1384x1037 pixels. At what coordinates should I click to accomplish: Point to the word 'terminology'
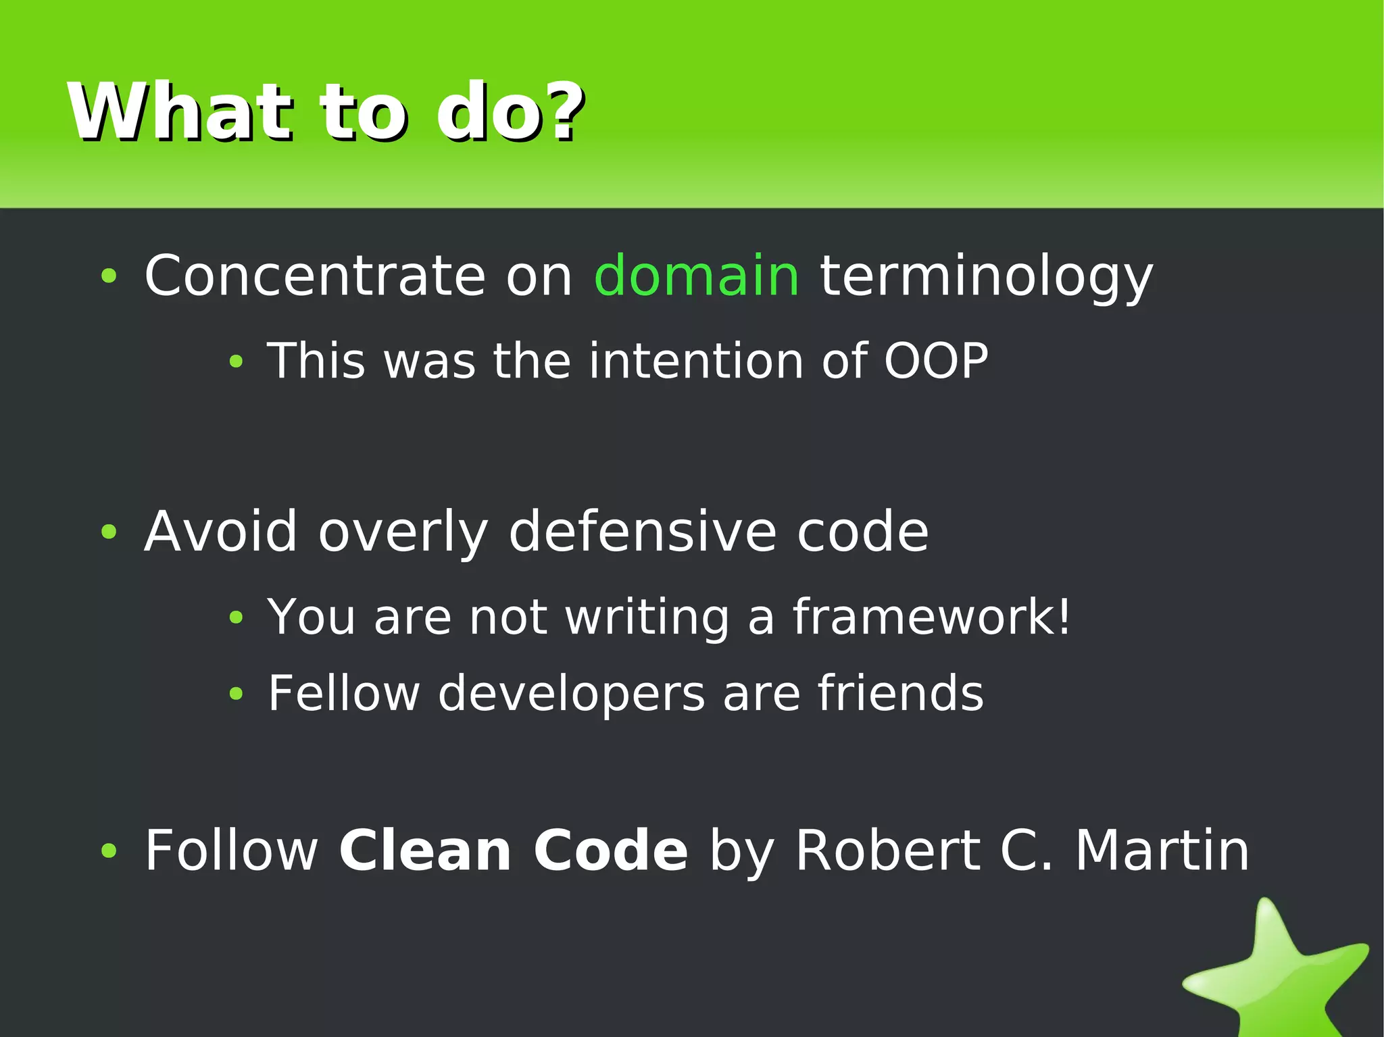986,277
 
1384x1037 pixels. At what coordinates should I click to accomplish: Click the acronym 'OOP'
936,361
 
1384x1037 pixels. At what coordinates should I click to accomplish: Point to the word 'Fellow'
344,693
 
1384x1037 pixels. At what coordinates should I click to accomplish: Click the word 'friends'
900,693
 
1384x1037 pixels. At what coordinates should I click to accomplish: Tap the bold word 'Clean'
425,851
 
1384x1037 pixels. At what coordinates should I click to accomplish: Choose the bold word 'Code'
610,851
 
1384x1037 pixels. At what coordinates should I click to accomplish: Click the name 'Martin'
1162,851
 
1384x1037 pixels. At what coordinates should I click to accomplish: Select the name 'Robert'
887,851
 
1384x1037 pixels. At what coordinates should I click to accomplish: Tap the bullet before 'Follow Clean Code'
109,851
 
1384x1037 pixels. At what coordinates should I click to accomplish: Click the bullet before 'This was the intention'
235,362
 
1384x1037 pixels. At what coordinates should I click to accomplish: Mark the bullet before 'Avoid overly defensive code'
109,532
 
